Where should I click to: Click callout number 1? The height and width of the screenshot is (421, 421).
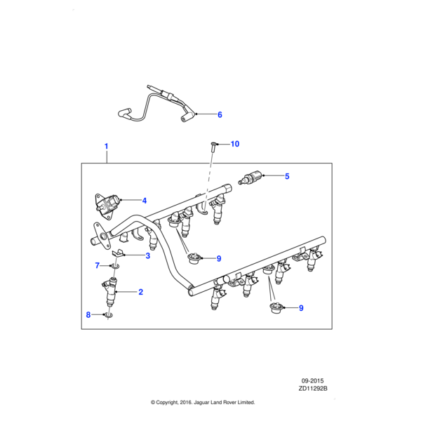[x=107, y=147]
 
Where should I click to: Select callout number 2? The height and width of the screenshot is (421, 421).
[x=140, y=292]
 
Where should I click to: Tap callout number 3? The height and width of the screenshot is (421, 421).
[x=148, y=256]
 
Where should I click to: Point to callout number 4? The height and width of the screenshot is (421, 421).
[x=144, y=200]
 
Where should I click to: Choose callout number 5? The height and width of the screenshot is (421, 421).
[x=287, y=177]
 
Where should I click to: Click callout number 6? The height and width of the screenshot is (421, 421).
[x=219, y=114]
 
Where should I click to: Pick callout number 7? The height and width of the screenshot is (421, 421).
[x=98, y=265]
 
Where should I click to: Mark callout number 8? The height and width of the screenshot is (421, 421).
[x=88, y=315]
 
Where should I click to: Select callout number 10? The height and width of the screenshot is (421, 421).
[x=234, y=144]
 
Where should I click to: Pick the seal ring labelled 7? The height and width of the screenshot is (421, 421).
[x=114, y=266]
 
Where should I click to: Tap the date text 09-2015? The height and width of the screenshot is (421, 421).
[x=314, y=380]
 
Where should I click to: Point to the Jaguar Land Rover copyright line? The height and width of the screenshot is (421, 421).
[x=203, y=403]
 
